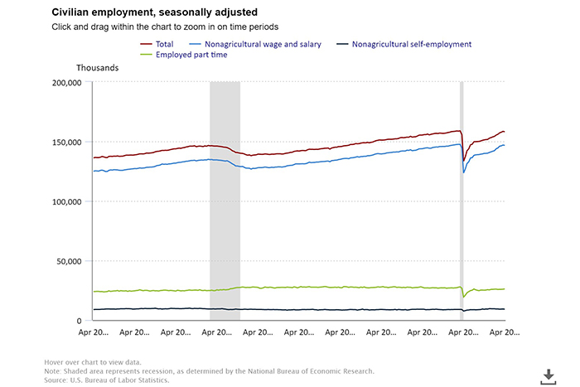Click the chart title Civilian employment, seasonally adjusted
[154, 12]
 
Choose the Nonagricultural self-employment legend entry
[411, 43]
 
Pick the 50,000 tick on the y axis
[67, 261]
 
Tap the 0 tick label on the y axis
[78, 321]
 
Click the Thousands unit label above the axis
[98, 67]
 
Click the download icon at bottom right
[548, 376]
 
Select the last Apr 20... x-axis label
[505, 332]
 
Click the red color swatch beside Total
[147, 43]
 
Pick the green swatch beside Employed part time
[147, 55]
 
